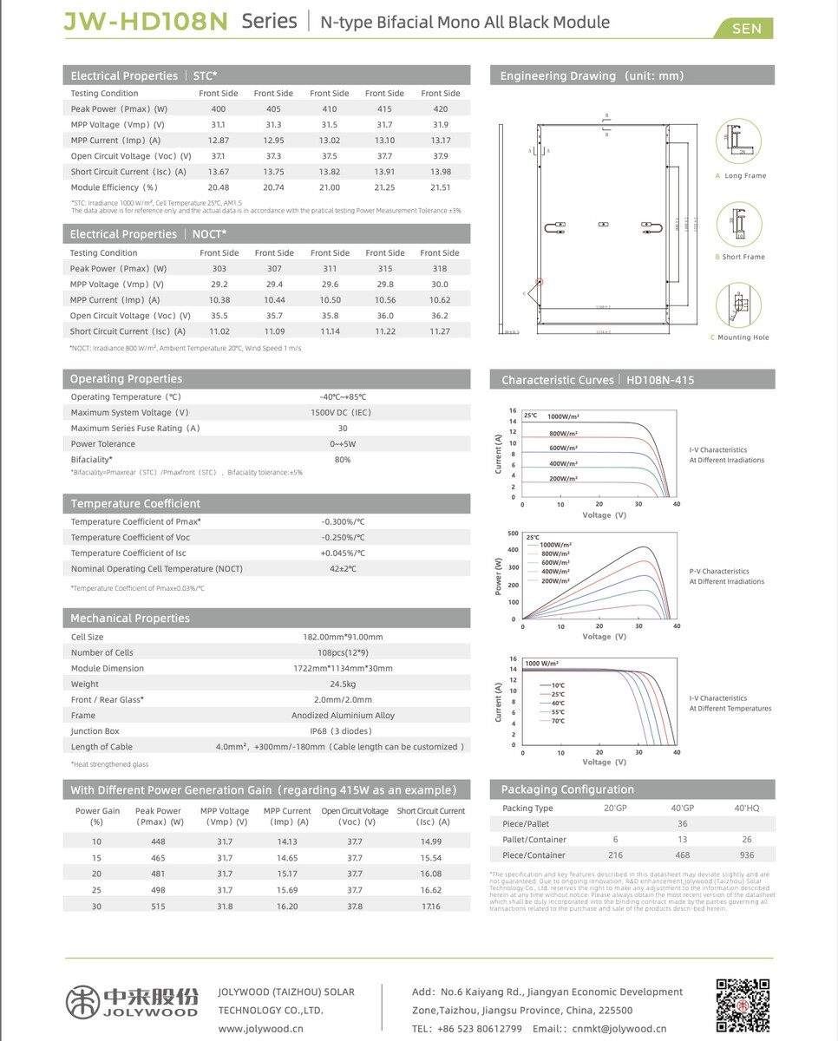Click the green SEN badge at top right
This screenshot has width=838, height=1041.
(x=746, y=29)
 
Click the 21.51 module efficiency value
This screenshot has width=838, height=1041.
(x=440, y=187)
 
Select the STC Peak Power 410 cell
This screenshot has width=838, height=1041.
(x=329, y=109)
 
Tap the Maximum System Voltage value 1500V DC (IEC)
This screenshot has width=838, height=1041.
(x=342, y=413)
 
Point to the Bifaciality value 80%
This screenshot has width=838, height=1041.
(x=342, y=460)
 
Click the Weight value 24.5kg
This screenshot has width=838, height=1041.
(x=342, y=684)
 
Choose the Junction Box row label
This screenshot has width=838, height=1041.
(x=95, y=731)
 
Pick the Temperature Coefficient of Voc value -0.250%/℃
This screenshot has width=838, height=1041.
(x=342, y=538)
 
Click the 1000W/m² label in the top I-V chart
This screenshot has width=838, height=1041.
(x=564, y=417)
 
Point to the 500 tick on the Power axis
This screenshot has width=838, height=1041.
(x=513, y=534)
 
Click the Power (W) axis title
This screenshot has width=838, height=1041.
(x=498, y=576)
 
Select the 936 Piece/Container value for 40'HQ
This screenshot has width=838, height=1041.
(x=746, y=855)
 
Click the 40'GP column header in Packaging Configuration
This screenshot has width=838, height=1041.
(x=682, y=809)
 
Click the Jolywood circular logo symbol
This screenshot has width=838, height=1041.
(x=82, y=1000)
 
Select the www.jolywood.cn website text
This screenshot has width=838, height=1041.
(x=260, y=1029)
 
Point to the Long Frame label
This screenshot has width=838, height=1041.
(x=745, y=176)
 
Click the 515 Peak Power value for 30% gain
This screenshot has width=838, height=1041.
(x=157, y=907)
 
